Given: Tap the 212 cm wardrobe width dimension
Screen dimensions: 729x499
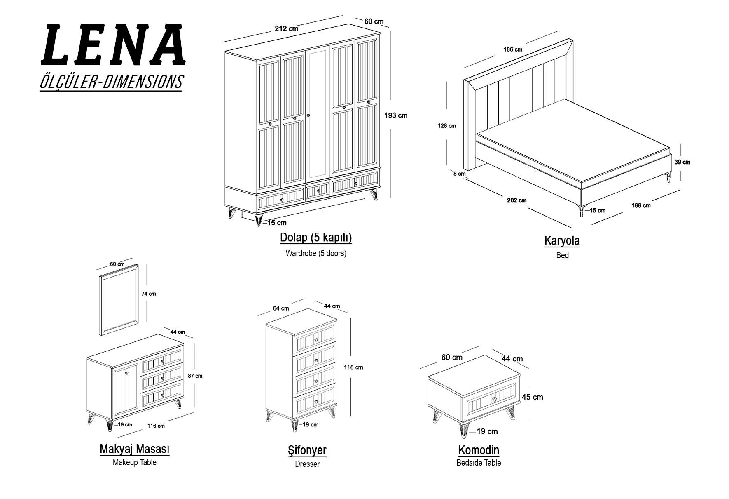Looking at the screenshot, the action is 286,29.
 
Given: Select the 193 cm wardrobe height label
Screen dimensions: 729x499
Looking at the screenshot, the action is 396,115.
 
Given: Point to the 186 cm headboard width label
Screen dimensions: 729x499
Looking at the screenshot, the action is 513,49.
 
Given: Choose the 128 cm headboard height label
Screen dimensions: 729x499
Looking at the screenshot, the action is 447,126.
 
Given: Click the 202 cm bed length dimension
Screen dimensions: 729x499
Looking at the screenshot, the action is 516,201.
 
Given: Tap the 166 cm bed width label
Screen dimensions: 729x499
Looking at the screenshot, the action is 641,205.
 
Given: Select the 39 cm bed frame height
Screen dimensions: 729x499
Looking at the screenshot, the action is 682,162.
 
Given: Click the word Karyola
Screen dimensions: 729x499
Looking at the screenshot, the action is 562,241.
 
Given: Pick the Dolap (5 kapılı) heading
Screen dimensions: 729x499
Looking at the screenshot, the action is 316,238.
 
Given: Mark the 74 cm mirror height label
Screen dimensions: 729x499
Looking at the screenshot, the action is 149,294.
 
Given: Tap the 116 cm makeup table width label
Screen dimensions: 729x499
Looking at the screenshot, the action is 156,426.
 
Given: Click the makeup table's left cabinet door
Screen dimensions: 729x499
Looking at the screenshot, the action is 126,388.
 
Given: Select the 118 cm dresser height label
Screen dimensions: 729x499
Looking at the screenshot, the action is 353,367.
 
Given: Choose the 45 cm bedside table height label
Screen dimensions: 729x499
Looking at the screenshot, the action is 533,397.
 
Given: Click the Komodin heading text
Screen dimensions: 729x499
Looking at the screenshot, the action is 479,450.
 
